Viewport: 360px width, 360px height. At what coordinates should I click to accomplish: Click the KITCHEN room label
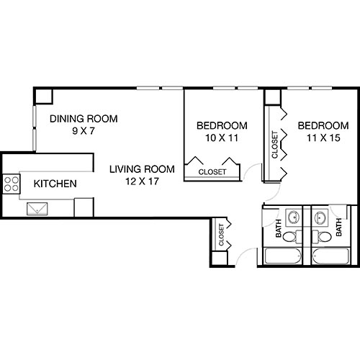(55, 184)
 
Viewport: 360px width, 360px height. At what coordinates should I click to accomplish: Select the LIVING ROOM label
(143, 170)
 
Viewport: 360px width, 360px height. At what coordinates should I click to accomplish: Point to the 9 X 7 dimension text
(84, 132)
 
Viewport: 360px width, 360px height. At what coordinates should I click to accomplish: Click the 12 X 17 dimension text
(143, 182)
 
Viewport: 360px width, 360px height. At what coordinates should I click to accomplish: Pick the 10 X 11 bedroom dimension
(222, 137)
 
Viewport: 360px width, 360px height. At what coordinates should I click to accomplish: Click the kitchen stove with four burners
(12, 184)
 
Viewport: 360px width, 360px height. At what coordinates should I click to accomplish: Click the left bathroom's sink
(294, 217)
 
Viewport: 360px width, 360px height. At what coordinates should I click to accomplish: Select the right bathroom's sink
(318, 217)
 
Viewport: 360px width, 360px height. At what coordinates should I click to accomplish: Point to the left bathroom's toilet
(289, 236)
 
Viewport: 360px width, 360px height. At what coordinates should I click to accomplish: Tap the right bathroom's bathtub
(330, 256)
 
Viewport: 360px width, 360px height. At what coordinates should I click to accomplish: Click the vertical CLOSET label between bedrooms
(274, 145)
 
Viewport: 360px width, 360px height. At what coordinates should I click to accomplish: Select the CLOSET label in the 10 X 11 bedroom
(212, 172)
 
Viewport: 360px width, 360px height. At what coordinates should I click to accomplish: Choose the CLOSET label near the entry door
(221, 233)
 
